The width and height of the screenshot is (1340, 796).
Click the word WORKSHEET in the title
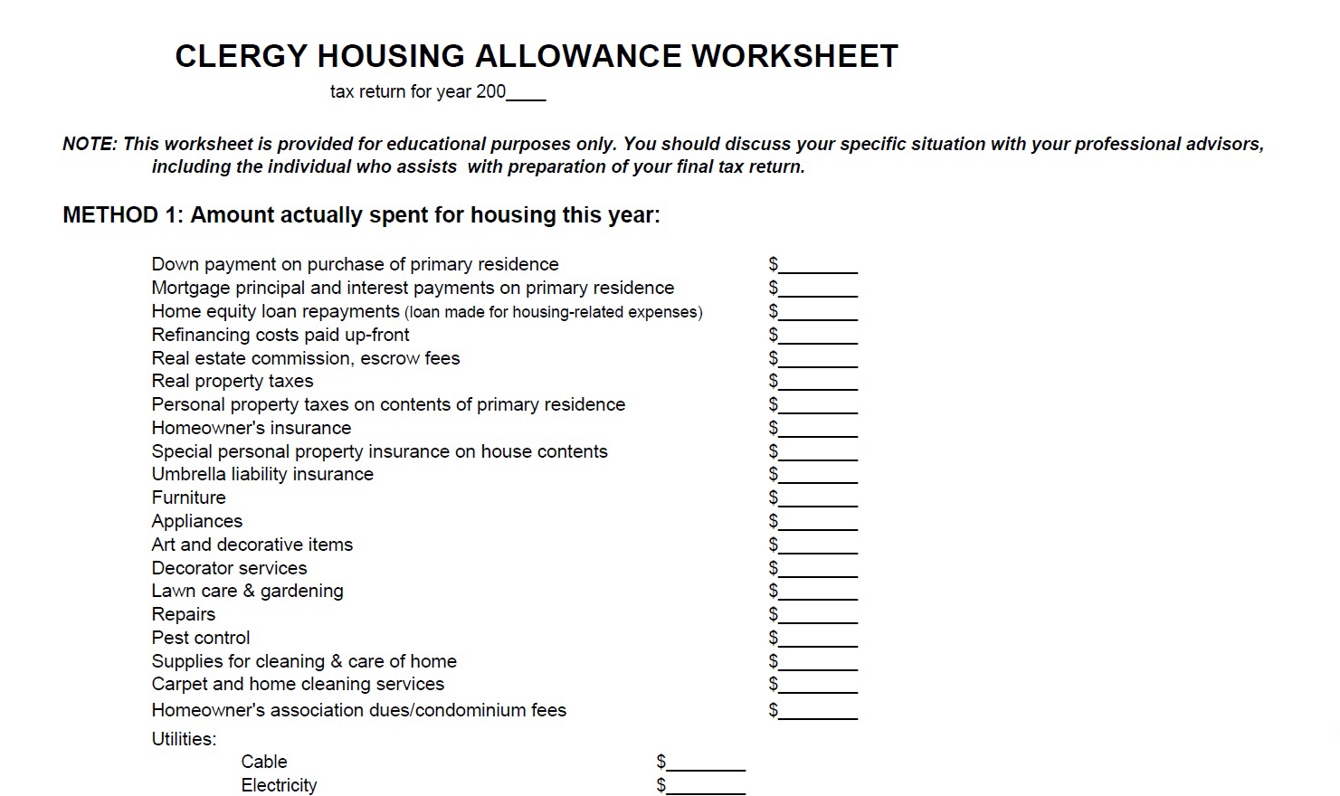pos(794,56)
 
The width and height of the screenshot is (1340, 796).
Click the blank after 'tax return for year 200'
pos(527,93)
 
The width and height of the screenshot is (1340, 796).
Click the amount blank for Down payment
pos(818,266)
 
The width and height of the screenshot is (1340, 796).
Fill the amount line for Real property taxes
pos(818,383)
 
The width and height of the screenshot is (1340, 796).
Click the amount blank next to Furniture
pos(818,499)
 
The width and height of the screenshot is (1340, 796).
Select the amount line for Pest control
pos(818,640)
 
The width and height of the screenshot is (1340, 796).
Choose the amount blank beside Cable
pos(706,763)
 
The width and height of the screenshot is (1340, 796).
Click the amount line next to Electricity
pos(706,787)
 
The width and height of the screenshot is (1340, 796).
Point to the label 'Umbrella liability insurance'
pos(262,474)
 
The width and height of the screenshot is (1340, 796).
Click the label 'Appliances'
pos(197,521)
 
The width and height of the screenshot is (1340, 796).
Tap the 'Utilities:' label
pos(185,739)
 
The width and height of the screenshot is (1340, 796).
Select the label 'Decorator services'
pos(229,568)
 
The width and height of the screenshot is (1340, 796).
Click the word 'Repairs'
pos(184,614)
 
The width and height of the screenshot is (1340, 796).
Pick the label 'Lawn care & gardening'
pos(247,591)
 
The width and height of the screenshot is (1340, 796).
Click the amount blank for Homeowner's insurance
pos(818,430)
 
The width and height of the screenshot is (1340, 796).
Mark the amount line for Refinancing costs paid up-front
pos(818,336)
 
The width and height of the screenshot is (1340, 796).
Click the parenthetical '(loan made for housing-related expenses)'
pos(553,313)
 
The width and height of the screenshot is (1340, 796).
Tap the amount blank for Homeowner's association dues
pos(818,712)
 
